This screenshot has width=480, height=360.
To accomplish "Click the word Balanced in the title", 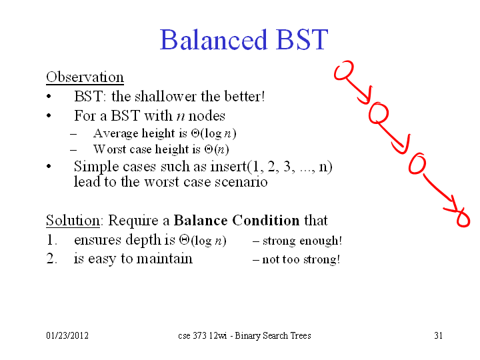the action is pyautogui.click(x=214, y=40).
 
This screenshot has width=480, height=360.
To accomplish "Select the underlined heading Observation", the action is pyautogui.click(x=85, y=77).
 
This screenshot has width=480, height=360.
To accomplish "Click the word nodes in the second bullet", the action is pyautogui.click(x=207, y=116).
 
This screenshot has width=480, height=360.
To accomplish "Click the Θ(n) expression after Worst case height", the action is pyautogui.click(x=217, y=149).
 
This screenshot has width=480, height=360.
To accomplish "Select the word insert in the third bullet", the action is pyautogui.click(x=229, y=166).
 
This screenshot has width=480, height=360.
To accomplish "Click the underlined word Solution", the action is pyautogui.click(x=73, y=221).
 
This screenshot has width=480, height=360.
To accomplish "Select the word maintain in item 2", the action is pyautogui.click(x=165, y=259).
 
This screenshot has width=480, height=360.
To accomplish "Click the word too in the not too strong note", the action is pyautogui.click(x=291, y=259).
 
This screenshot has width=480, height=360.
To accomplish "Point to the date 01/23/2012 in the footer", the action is pyautogui.click(x=67, y=335).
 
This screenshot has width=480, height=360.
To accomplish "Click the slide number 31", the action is pyautogui.click(x=439, y=335).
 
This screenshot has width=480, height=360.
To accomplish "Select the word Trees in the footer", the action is pyautogui.click(x=301, y=335).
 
